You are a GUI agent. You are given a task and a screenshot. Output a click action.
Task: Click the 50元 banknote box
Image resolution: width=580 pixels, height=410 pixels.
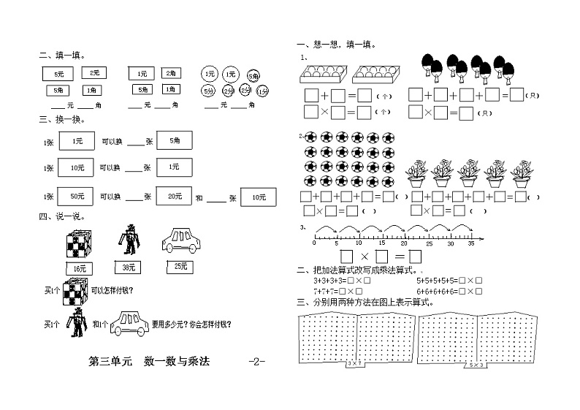click(76, 197)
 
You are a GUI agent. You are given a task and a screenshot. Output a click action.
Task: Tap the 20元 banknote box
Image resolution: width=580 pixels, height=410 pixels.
click(174, 197)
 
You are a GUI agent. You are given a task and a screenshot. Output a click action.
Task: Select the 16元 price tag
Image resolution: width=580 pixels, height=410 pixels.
click(79, 267)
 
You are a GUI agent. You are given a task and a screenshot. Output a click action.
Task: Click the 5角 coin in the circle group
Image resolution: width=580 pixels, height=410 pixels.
click(252, 75)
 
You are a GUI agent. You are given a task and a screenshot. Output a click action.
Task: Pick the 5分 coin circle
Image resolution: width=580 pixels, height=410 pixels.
click(209, 91)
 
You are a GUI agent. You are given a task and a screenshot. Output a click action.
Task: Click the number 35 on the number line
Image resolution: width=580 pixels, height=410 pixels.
click(472, 243)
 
